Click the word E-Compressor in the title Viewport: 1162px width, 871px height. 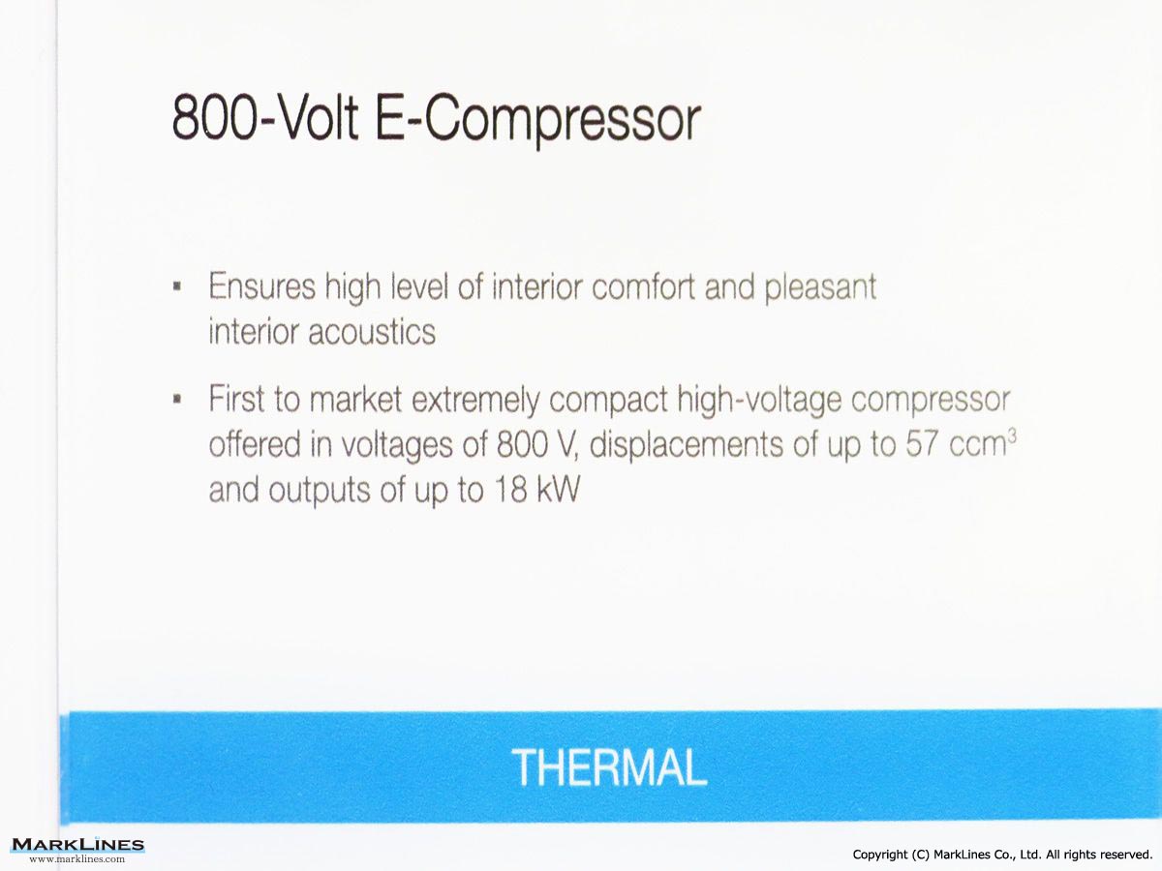click(x=537, y=122)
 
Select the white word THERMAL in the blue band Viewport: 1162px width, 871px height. click(x=609, y=767)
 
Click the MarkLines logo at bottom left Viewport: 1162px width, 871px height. click(x=77, y=845)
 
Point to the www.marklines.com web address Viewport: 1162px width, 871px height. click(x=77, y=858)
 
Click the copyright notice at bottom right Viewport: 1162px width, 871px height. click(x=1002, y=855)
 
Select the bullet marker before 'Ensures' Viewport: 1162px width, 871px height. click(x=177, y=286)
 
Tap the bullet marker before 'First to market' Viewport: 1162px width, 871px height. click(x=177, y=399)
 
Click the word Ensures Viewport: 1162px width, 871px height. click(x=262, y=286)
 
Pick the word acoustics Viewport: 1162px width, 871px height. click(x=372, y=332)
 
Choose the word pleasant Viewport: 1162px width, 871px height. click(x=820, y=288)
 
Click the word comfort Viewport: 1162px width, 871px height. click(x=643, y=286)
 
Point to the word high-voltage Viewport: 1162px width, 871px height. click(x=760, y=401)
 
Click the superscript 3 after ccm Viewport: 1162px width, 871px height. click(x=1012, y=436)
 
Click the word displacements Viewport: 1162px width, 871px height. click(x=687, y=446)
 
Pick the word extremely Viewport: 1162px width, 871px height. click(x=475, y=401)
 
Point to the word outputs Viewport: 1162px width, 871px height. click(x=320, y=492)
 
